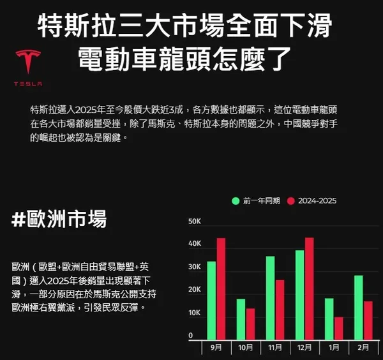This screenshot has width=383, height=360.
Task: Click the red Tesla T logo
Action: [28, 61]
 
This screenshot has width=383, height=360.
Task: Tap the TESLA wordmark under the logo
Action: [28, 84]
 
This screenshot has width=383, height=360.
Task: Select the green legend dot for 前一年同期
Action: [236, 201]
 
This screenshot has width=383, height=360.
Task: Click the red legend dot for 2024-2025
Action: [290, 201]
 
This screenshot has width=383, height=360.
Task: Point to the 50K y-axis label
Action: [195, 221]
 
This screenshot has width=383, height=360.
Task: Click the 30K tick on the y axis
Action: [195, 267]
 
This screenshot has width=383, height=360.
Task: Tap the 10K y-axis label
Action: [195, 313]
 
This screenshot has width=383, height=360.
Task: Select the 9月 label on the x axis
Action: [216, 347]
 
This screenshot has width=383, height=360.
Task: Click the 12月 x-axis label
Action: [304, 347]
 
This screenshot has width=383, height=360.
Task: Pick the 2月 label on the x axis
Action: [363, 347]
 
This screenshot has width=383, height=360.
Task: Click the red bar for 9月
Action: [221, 289]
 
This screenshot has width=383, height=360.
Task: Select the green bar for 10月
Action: [241, 319]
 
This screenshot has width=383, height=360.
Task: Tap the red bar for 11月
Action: [280, 310]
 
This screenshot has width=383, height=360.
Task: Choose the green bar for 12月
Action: [300, 295]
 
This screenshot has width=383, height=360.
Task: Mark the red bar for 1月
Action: [339, 329]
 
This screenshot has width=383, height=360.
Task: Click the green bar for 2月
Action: [359, 308]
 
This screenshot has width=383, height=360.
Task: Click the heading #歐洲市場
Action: [59, 219]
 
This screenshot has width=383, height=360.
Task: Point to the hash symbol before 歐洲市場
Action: [19, 219]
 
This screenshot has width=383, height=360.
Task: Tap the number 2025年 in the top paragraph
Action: [91, 110]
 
